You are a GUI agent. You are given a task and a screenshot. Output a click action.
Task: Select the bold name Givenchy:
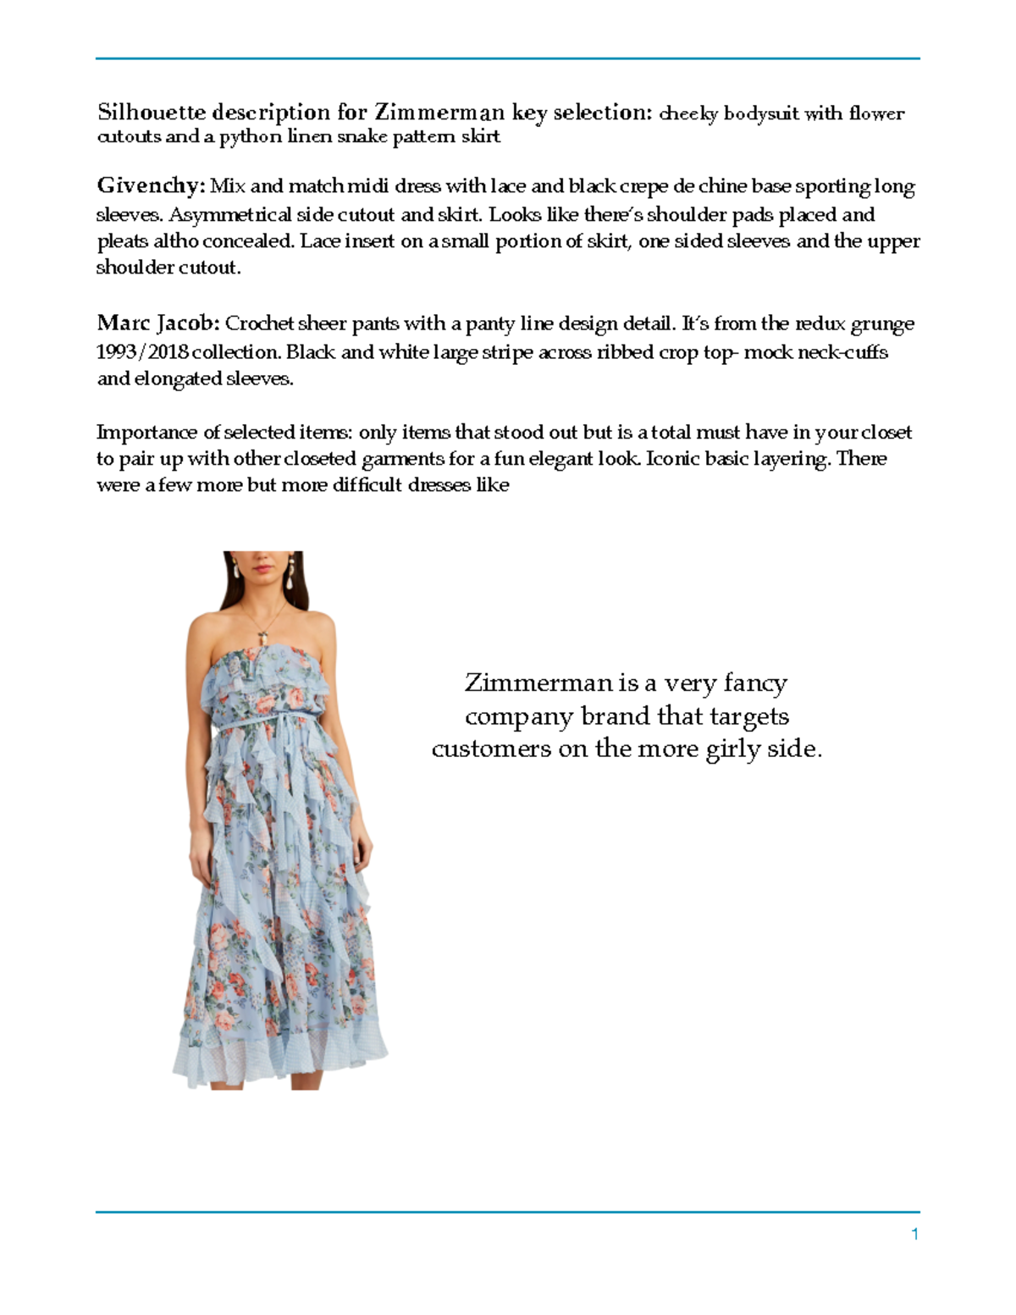coord(151,186)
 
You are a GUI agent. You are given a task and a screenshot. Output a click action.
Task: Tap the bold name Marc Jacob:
coord(158,323)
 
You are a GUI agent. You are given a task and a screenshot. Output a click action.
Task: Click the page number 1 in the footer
coord(914,1235)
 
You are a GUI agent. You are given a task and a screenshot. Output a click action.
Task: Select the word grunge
coord(882,324)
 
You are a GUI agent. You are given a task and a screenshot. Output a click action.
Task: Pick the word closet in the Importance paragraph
coord(886,433)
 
